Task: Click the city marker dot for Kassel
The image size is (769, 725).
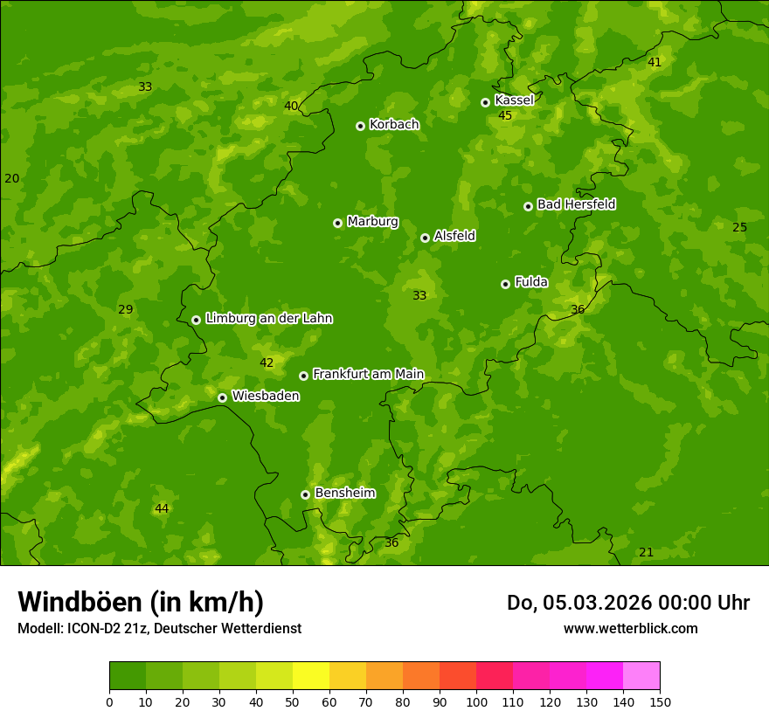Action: point(485,102)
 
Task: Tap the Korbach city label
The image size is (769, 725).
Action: point(394,124)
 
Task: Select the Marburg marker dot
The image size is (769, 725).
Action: point(337,223)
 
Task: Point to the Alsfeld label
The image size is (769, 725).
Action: point(454,236)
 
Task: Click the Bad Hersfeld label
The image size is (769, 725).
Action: point(576,204)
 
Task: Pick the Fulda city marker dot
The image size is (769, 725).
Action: point(505,284)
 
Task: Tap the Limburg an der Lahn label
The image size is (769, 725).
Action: point(268,318)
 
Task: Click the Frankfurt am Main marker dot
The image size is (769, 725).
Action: point(303,376)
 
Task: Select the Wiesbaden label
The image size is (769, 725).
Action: point(266,396)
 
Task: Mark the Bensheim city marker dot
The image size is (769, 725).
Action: point(305,494)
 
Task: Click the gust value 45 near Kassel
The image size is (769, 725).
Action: point(505,115)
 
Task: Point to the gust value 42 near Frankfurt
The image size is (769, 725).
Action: point(267,362)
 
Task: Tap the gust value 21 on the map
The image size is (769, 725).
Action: point(646,552)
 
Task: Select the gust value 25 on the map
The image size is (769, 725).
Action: point(739,227)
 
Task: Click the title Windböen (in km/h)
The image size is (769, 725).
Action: point(141,602)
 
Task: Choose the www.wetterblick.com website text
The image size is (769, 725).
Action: point(630,628)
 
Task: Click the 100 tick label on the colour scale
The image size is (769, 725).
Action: point(476,701)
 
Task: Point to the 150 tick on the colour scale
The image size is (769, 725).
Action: point(660,701)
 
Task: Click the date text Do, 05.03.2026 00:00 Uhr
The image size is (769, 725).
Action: point(627,603)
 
